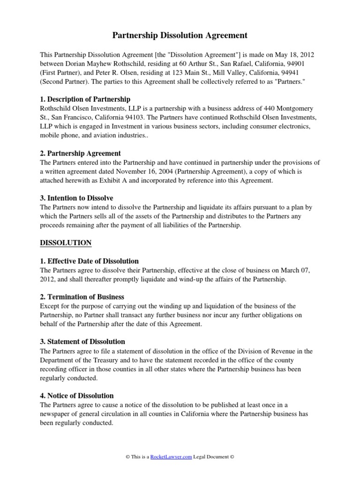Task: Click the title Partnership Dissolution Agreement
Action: (x=180, y=35)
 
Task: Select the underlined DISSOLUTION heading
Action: (x=66, y=243)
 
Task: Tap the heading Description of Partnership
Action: (x=89, y=99)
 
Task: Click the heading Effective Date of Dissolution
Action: (x=93, y=261)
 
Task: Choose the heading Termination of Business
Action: (x=86, y=297)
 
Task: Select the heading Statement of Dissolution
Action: (x=86, y=342)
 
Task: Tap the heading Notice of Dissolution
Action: (x=81, y=396)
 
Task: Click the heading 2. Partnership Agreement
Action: (x=81, y=153)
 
